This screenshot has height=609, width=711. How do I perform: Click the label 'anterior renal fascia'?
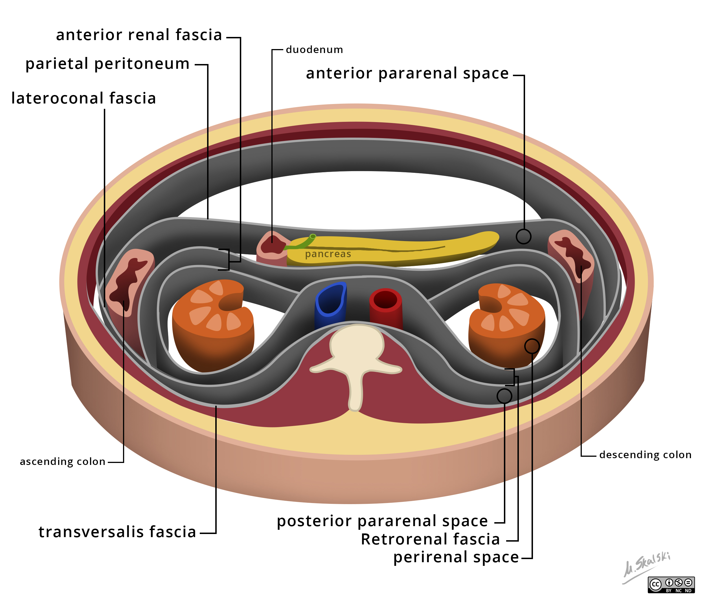pos(139,35)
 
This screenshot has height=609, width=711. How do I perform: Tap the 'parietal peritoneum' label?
pos(107,64)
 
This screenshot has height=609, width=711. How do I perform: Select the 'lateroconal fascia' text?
pos(84,98)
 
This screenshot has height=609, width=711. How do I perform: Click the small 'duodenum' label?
pos(314,50)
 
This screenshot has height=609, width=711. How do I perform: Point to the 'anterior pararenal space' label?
pos(407,73)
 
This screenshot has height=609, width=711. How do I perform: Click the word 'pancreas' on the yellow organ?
pos(328,254)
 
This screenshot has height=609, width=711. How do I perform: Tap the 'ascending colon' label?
pos(62,461)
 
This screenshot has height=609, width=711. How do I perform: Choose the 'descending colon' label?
pos(645,455)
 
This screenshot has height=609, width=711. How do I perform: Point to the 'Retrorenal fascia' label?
pos(430,539)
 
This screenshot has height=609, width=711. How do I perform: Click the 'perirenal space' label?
pos(456,557)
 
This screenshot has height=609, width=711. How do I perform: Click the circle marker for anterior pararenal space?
pos(523,237)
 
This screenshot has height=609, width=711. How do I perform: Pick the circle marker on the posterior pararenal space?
pos(504,396)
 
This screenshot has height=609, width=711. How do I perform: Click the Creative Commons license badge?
pos(671,585)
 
